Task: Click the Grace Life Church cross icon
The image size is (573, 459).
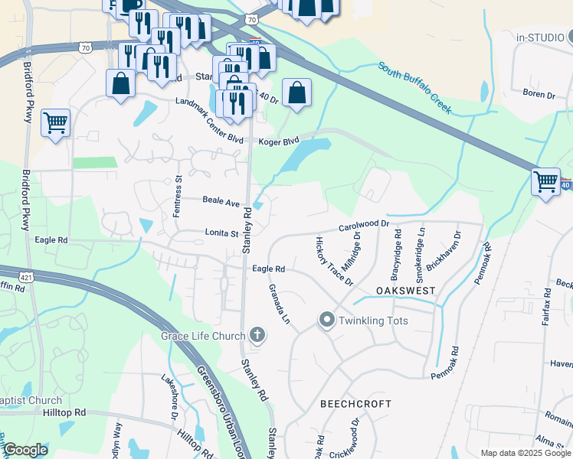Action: tap(257, 335)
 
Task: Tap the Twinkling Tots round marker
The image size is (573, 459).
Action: tap(328, 320)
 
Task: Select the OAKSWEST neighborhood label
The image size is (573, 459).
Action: tap(406, 291)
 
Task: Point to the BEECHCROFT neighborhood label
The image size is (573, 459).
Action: tap(355, 403)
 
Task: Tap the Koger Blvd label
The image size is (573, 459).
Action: tap(278, 142)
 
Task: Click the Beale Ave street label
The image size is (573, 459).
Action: tap(221, 201)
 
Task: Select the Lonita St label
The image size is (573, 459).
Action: tap(222, 233)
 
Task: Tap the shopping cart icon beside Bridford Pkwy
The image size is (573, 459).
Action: tap(55, 122)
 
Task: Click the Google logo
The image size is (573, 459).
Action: tap(25, 450)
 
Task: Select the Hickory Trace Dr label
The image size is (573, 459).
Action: tap(335, 262)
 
